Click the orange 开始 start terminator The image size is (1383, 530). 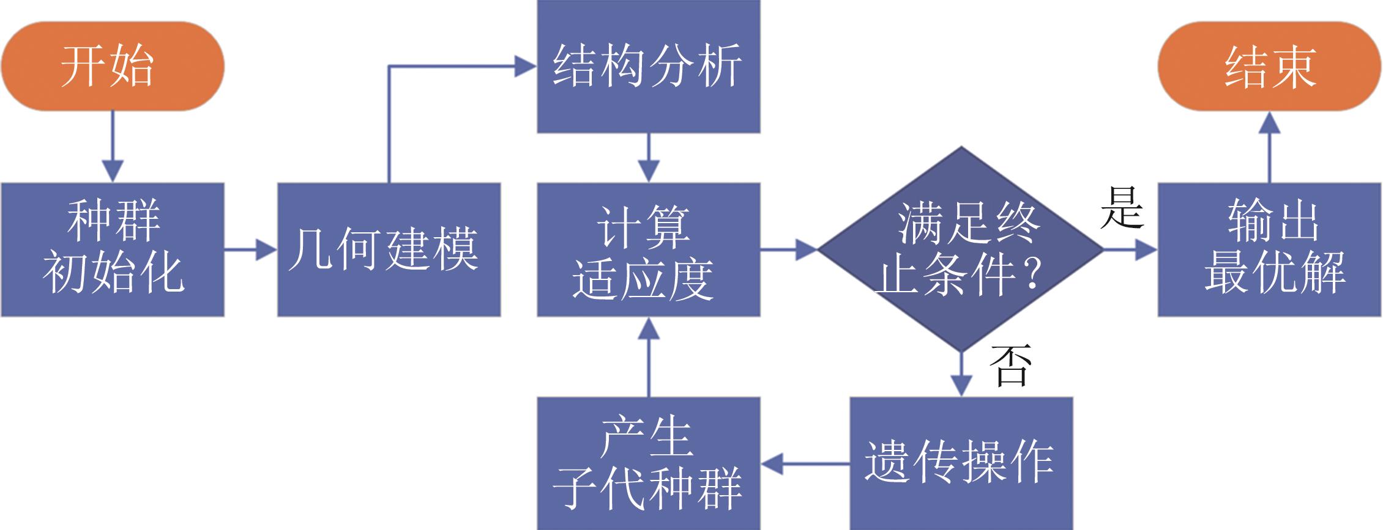[x=113, y=66]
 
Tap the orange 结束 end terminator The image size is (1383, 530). [x=1270, y=66]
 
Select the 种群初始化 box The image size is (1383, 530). [x=113, y=249]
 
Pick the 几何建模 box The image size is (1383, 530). [x=389, y=249]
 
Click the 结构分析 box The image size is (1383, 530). [x=649, y=66]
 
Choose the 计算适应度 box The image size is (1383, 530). [x=649, y=249]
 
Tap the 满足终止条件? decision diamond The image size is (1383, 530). [x=961, y=249]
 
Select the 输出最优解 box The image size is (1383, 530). [x=1270, y=249]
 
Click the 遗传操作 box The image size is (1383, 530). [x=961, y=463]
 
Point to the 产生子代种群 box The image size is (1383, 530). [x=649, y=463]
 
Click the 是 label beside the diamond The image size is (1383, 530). [x=1122, y=208]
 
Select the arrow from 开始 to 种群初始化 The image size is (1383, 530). [x=113, y=147]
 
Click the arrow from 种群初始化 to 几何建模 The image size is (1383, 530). [x=251, y=249]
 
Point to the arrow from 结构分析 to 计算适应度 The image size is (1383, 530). [x=649, y=158]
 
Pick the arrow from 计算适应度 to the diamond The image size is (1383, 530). [x=789, y=249]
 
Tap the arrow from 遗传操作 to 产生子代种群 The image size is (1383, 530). [x=805, y=463]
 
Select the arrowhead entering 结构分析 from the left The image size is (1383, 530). [x=525, y=66]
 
